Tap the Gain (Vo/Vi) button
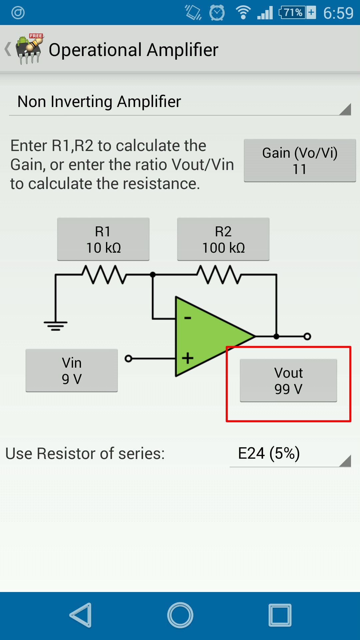point(300,160)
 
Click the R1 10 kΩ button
point(103,239)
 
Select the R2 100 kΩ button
point(223,239)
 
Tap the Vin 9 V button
point(72,370)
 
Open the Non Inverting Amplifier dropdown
point(180,102)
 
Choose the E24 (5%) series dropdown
point(290,454)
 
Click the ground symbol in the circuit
point(55,325)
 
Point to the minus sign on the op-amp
point(188,318)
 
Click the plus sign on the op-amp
point(188,358)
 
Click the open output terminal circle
point(307,336)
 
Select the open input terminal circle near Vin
point(128,359)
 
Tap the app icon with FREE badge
point(30,49)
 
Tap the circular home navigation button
point(180,615)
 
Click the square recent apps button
point(280,615)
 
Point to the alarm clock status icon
point(217,13)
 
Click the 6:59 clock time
point(338,13)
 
